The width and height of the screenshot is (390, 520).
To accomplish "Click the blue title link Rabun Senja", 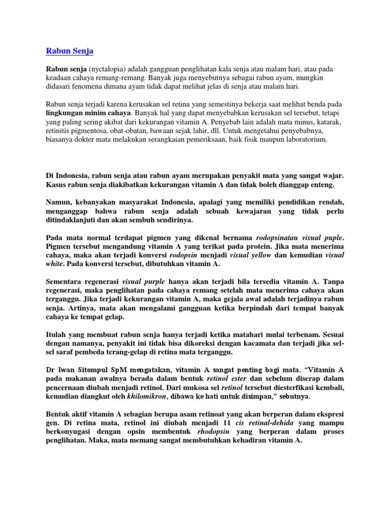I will click(x=70, y=51).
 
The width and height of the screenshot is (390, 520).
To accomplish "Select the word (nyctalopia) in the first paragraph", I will click(x=108, y=69).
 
